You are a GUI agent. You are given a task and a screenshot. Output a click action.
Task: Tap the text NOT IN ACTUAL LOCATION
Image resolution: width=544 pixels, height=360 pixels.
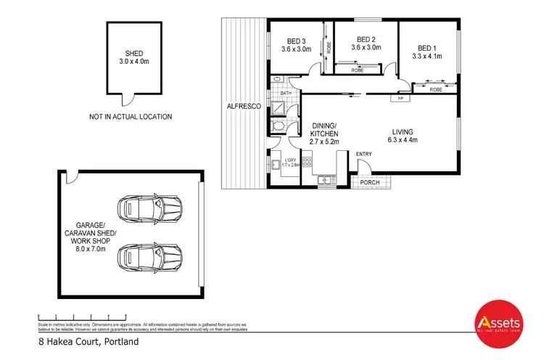point(131,116)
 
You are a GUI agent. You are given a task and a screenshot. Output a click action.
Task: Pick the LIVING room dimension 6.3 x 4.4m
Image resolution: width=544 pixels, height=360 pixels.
point(407,139)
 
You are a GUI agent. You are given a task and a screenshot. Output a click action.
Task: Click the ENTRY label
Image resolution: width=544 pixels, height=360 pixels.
point(363,153)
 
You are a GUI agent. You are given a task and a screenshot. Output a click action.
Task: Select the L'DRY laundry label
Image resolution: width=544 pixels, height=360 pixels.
point(291,160)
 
